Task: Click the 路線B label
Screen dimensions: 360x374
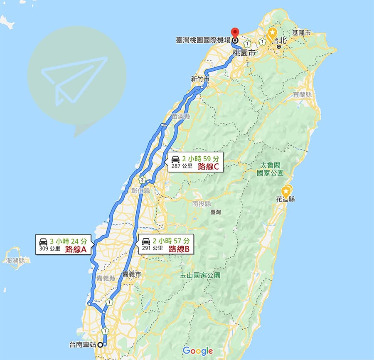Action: pyautogui.click(x=179, y=249)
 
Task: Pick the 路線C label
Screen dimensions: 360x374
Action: pyautogui.click(x=209, y=167)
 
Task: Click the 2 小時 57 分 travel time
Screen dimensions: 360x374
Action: pyautogui.click(x=172, y=240)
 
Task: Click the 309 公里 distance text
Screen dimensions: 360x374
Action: pyautogui.click(x=50, y=249)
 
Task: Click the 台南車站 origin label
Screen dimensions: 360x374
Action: pyautogui.click(x=83, y=345)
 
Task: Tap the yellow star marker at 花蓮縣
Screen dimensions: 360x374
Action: pyautogui.click(x=286, y=191)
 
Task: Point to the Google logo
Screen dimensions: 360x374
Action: pyautogui.click(x=198, y=350)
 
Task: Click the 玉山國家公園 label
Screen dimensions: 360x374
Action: pyautogui.click(x=200, y=275)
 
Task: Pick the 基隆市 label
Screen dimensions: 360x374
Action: pyautogui.click(x=302, y=32)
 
